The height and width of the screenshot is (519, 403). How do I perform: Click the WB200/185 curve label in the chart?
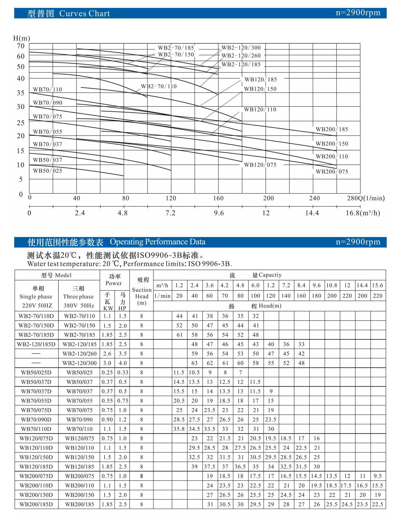(x=332, y=129)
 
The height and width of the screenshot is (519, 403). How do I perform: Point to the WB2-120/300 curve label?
(x=241, y=48)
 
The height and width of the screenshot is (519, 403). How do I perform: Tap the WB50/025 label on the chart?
(x=47, y=171)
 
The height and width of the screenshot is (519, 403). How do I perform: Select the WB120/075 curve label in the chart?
(x=260, y=165)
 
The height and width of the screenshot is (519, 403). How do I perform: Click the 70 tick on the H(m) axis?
(x=21, y=46)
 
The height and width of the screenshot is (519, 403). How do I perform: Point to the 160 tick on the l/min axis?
(x=218, y=198)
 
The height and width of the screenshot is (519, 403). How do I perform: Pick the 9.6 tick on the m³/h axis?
(x=219, y=213)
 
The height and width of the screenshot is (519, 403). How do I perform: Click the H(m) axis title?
(x=22, y=38)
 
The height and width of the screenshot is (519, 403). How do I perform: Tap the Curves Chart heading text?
(x=84, y=13)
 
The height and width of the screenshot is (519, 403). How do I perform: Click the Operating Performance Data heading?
(x=157, y=242)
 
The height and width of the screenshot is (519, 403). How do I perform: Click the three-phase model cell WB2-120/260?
(x=79, y=354)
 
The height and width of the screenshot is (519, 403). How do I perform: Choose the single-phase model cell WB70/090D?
(x=36, y=420)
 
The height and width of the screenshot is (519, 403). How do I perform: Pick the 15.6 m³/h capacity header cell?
(x=378, y=285)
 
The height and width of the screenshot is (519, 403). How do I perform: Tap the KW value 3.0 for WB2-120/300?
(x=107, y=363)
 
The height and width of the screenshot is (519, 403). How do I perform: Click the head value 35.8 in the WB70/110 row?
(x=179, y=429)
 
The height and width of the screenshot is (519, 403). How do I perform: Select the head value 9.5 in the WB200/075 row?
(x=378, y=476)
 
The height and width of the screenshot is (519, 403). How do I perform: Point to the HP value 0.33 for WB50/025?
(x=123, y=373)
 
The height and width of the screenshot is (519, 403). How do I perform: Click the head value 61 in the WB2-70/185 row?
(x=180, y=335)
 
